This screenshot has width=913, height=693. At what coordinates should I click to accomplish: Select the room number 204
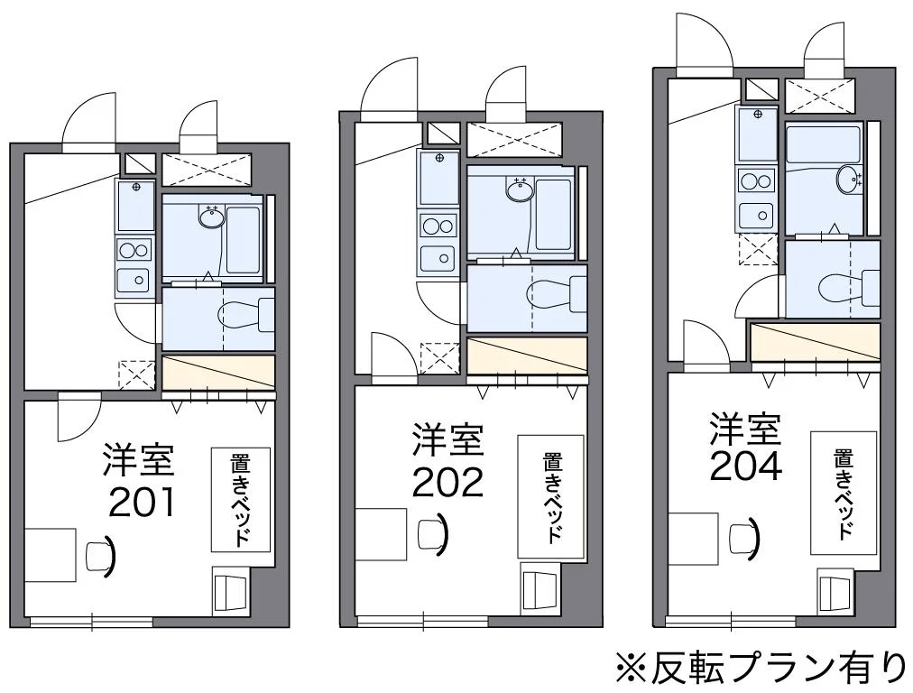[x=744, y=467]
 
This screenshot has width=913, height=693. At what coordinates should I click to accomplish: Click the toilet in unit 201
[x=241, y=314]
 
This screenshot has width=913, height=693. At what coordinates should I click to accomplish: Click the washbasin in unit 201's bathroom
[x=212, y=217]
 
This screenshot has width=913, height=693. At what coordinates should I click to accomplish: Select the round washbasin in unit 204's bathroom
[x=849, y=180]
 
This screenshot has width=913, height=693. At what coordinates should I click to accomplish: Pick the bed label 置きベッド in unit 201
[x=242, y=499]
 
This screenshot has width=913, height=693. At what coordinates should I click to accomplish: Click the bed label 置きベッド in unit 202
[x=550, y=497]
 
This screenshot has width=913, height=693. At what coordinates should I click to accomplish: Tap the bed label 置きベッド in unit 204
[x=844, y=493]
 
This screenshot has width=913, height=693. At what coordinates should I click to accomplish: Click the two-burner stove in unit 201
[x=134, y=250]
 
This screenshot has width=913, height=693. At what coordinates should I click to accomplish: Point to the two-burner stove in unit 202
[x=438, y=226]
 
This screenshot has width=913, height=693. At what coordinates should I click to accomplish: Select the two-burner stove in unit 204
[x=756, y=180]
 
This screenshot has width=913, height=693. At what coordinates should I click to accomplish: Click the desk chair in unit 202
[x=432, y=532]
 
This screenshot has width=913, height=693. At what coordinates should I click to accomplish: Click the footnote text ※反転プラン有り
[x=761, y=668]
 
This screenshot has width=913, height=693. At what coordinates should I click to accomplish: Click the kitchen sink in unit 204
[x=757, y=216]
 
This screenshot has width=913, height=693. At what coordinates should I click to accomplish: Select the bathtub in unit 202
[x=552, y=214]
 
